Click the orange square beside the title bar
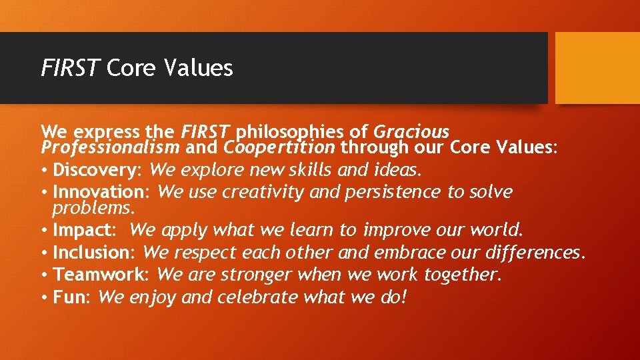[x=597, y=68]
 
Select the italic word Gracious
[x=411, y=132]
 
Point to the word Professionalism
[x=110, y=147]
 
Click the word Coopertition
[x=280, y=147]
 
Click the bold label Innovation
[x=102, y=193]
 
